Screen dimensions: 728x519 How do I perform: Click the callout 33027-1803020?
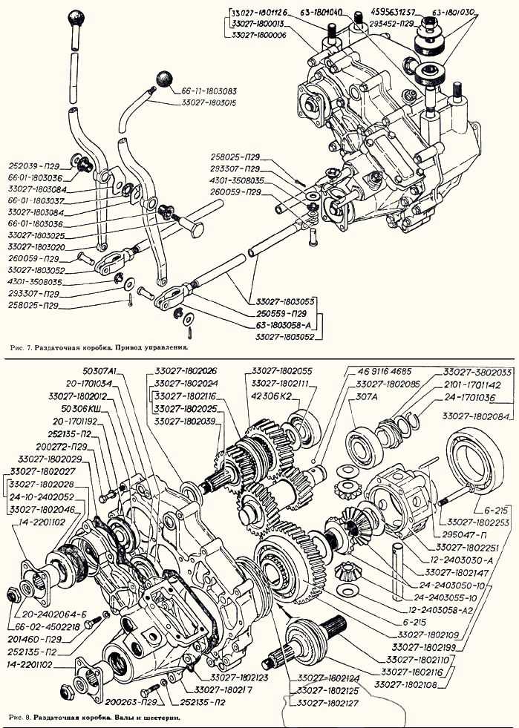[36, 246]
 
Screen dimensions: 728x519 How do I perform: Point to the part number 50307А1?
[102, 371]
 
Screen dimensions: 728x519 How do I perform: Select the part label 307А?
[368, 396]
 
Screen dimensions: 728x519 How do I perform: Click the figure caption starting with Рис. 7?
[101, 346]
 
